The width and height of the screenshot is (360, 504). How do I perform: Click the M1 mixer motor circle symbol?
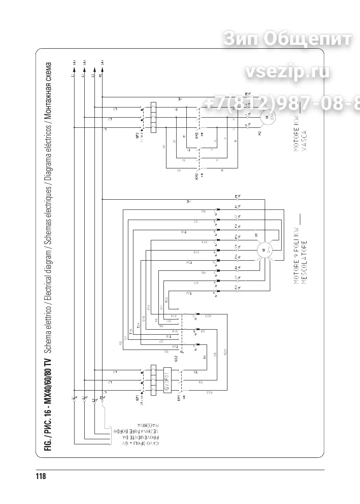(x=264, y=250)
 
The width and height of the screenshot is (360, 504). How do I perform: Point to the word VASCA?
(x=304, y=136)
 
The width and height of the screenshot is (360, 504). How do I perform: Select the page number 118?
(x=41, y=476)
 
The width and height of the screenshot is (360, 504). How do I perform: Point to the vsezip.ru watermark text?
(x=287, y=72)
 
